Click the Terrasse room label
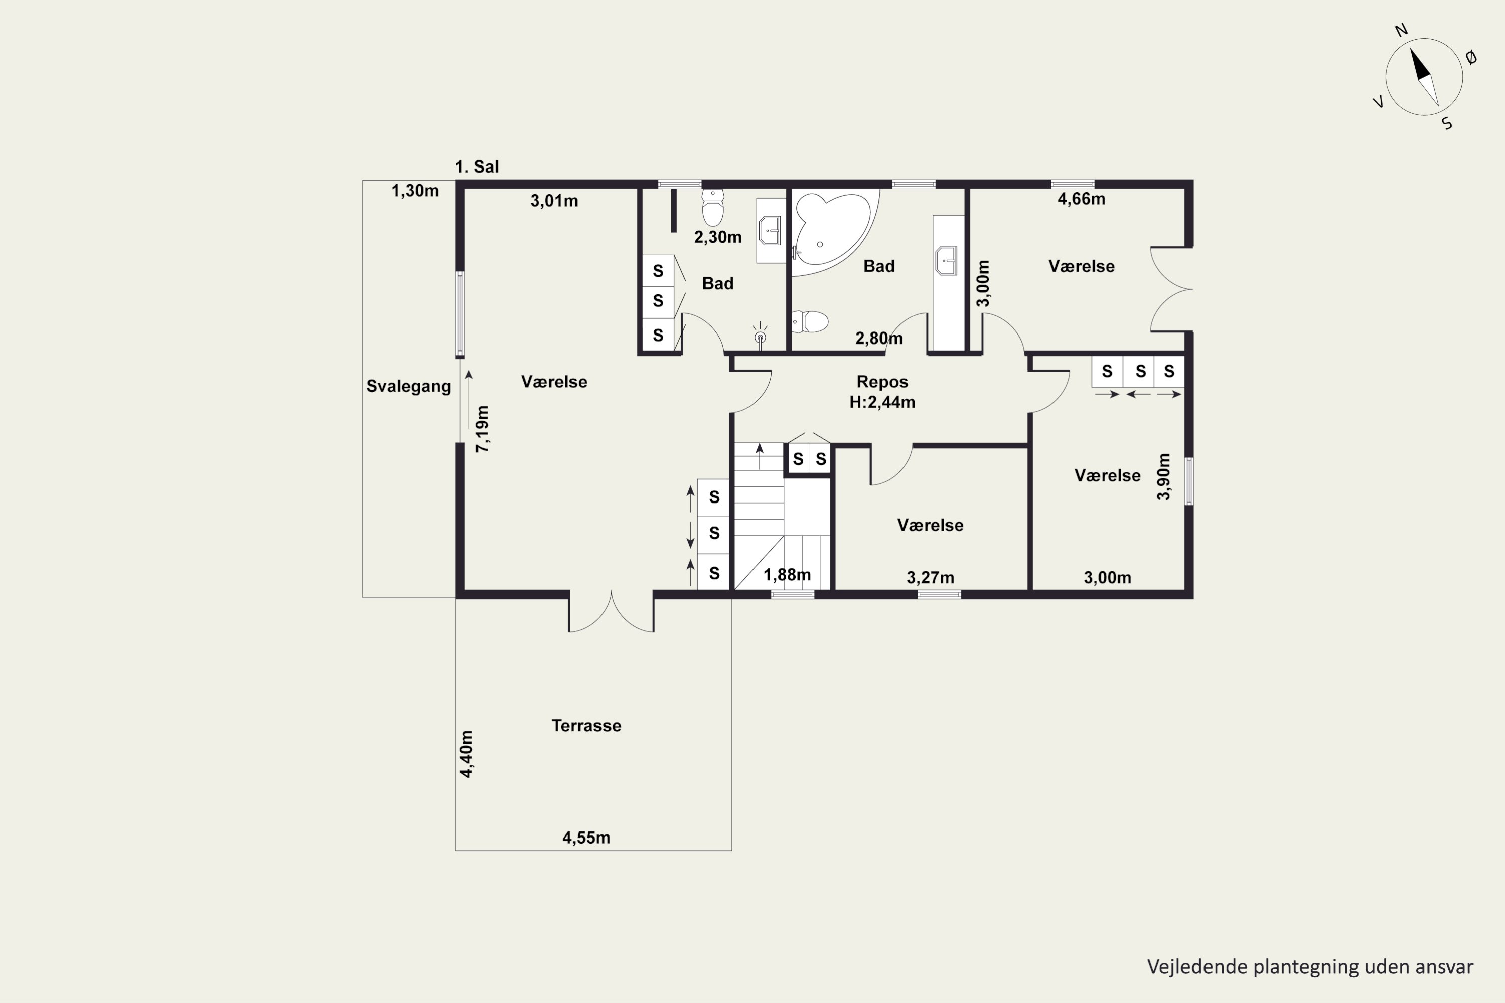(x=586, y=725)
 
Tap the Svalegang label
(x=409, y=386)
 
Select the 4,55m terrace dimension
(x=586, y=838)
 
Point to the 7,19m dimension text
(x=483, y=429)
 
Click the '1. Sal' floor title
(x=477, y=167)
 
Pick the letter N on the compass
(x=1401, y=30)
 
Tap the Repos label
(x=882, y=382)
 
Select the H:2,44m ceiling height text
(x=882, y=402)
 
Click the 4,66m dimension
(x=1082, y=199)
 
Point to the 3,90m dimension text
(x=1164, y=476)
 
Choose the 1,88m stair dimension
(x=787, y=575)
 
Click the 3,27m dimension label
(x=931, y=578)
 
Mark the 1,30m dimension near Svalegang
(x=415, y=191)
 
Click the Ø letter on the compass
(x=1471, y=58)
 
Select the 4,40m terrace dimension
(x=467, y=754)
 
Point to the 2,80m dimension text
(x=879, y=339)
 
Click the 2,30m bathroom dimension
(x=718, y=237)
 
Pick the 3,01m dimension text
(x=554, y=201)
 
